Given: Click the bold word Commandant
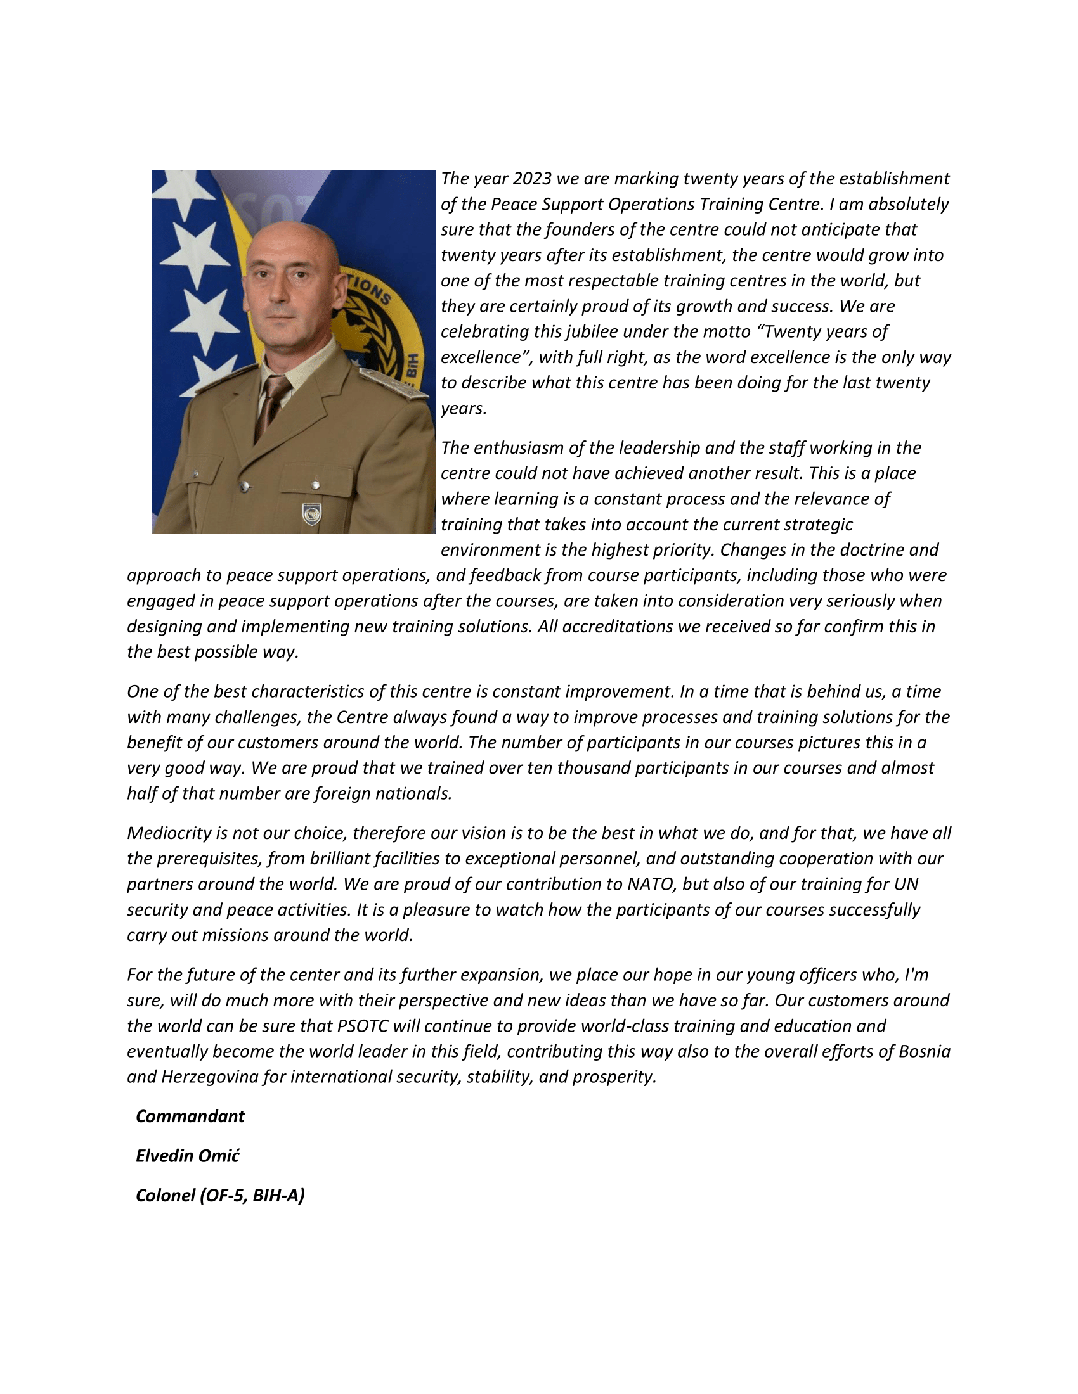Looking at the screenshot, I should [x=190, y=1116].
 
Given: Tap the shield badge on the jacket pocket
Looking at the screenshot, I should [x=311, y=514].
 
